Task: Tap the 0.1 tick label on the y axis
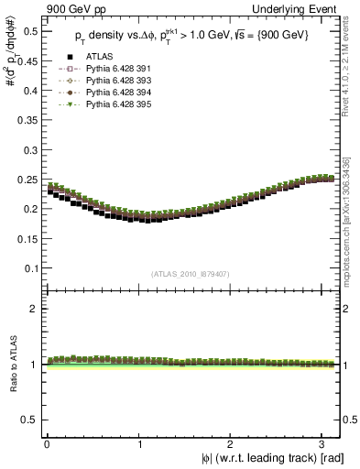pos(27,267)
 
